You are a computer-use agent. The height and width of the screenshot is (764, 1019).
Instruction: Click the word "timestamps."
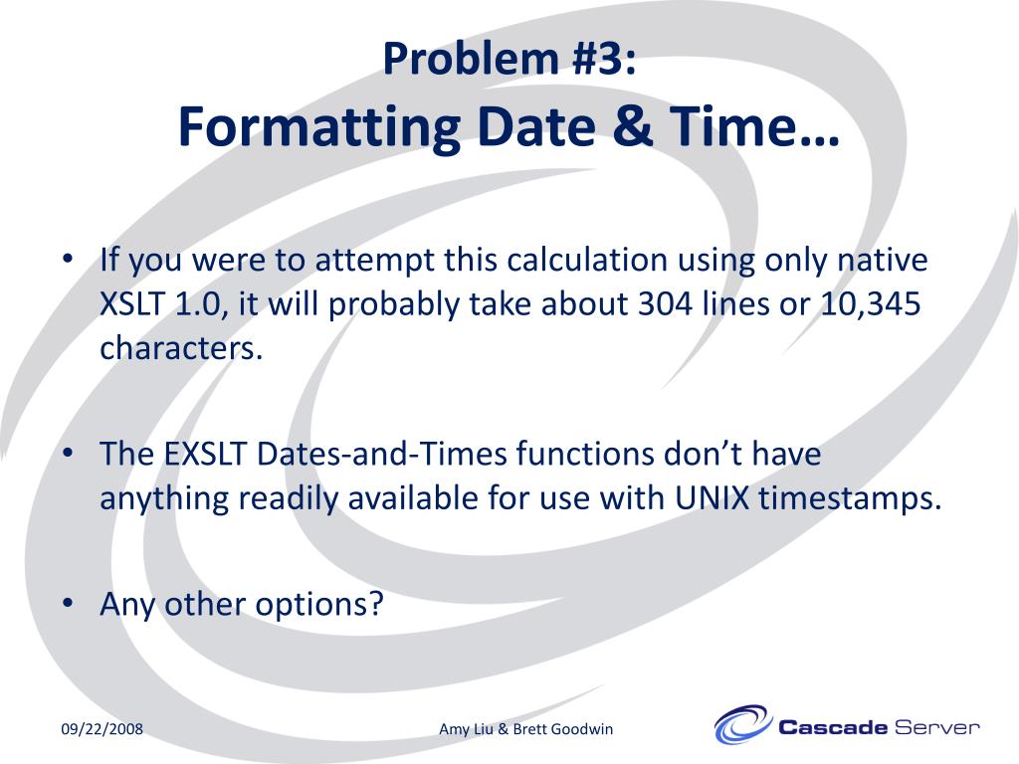coord(850,498)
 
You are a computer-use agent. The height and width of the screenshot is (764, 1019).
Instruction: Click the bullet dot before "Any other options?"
coord(68,604)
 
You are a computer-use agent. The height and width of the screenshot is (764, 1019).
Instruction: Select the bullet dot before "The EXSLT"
coord(68,454)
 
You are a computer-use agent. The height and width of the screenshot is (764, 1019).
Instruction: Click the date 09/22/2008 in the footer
coord(102,729)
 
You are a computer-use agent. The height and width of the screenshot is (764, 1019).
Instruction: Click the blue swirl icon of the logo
coord(742,725)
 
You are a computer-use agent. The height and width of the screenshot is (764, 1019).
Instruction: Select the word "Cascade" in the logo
coord(832,727)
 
